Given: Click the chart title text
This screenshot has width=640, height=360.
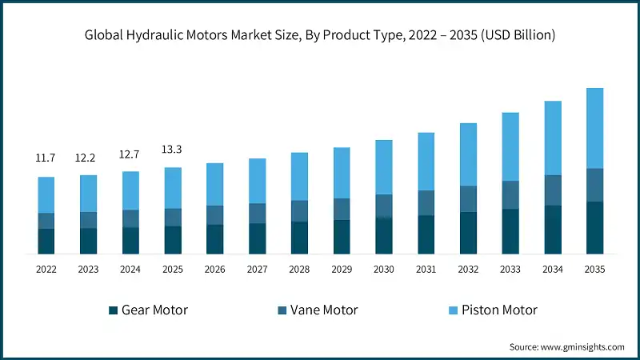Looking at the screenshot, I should tap(320, 35).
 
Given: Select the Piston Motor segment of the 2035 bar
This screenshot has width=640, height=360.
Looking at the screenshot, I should tap(594, 128).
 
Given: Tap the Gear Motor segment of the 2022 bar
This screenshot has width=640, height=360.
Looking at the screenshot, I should tap(46, 241).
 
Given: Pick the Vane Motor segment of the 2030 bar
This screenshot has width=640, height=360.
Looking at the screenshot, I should tap(384, 206).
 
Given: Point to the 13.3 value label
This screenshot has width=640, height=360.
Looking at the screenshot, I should tap(173, 150).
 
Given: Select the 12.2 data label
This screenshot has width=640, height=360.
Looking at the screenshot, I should tap(89, 158).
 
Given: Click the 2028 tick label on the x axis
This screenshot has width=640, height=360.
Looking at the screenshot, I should tap(299, 270).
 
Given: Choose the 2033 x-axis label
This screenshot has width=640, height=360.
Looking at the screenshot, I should tap(510, 270).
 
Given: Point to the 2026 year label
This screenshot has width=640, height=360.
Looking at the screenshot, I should tap(215, 270).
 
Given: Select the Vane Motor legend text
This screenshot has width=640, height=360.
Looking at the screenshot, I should tap(324, 310).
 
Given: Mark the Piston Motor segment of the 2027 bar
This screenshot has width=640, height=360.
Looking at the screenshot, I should tap(258, 181).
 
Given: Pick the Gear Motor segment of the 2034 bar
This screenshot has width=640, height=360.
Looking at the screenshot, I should tap(553, 230).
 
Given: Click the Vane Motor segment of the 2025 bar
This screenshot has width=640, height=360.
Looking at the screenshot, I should tap(173, 217).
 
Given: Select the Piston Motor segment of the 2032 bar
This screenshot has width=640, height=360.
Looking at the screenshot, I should tap(468, 154).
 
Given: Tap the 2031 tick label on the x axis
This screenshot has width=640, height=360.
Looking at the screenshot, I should tap(426, 270).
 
